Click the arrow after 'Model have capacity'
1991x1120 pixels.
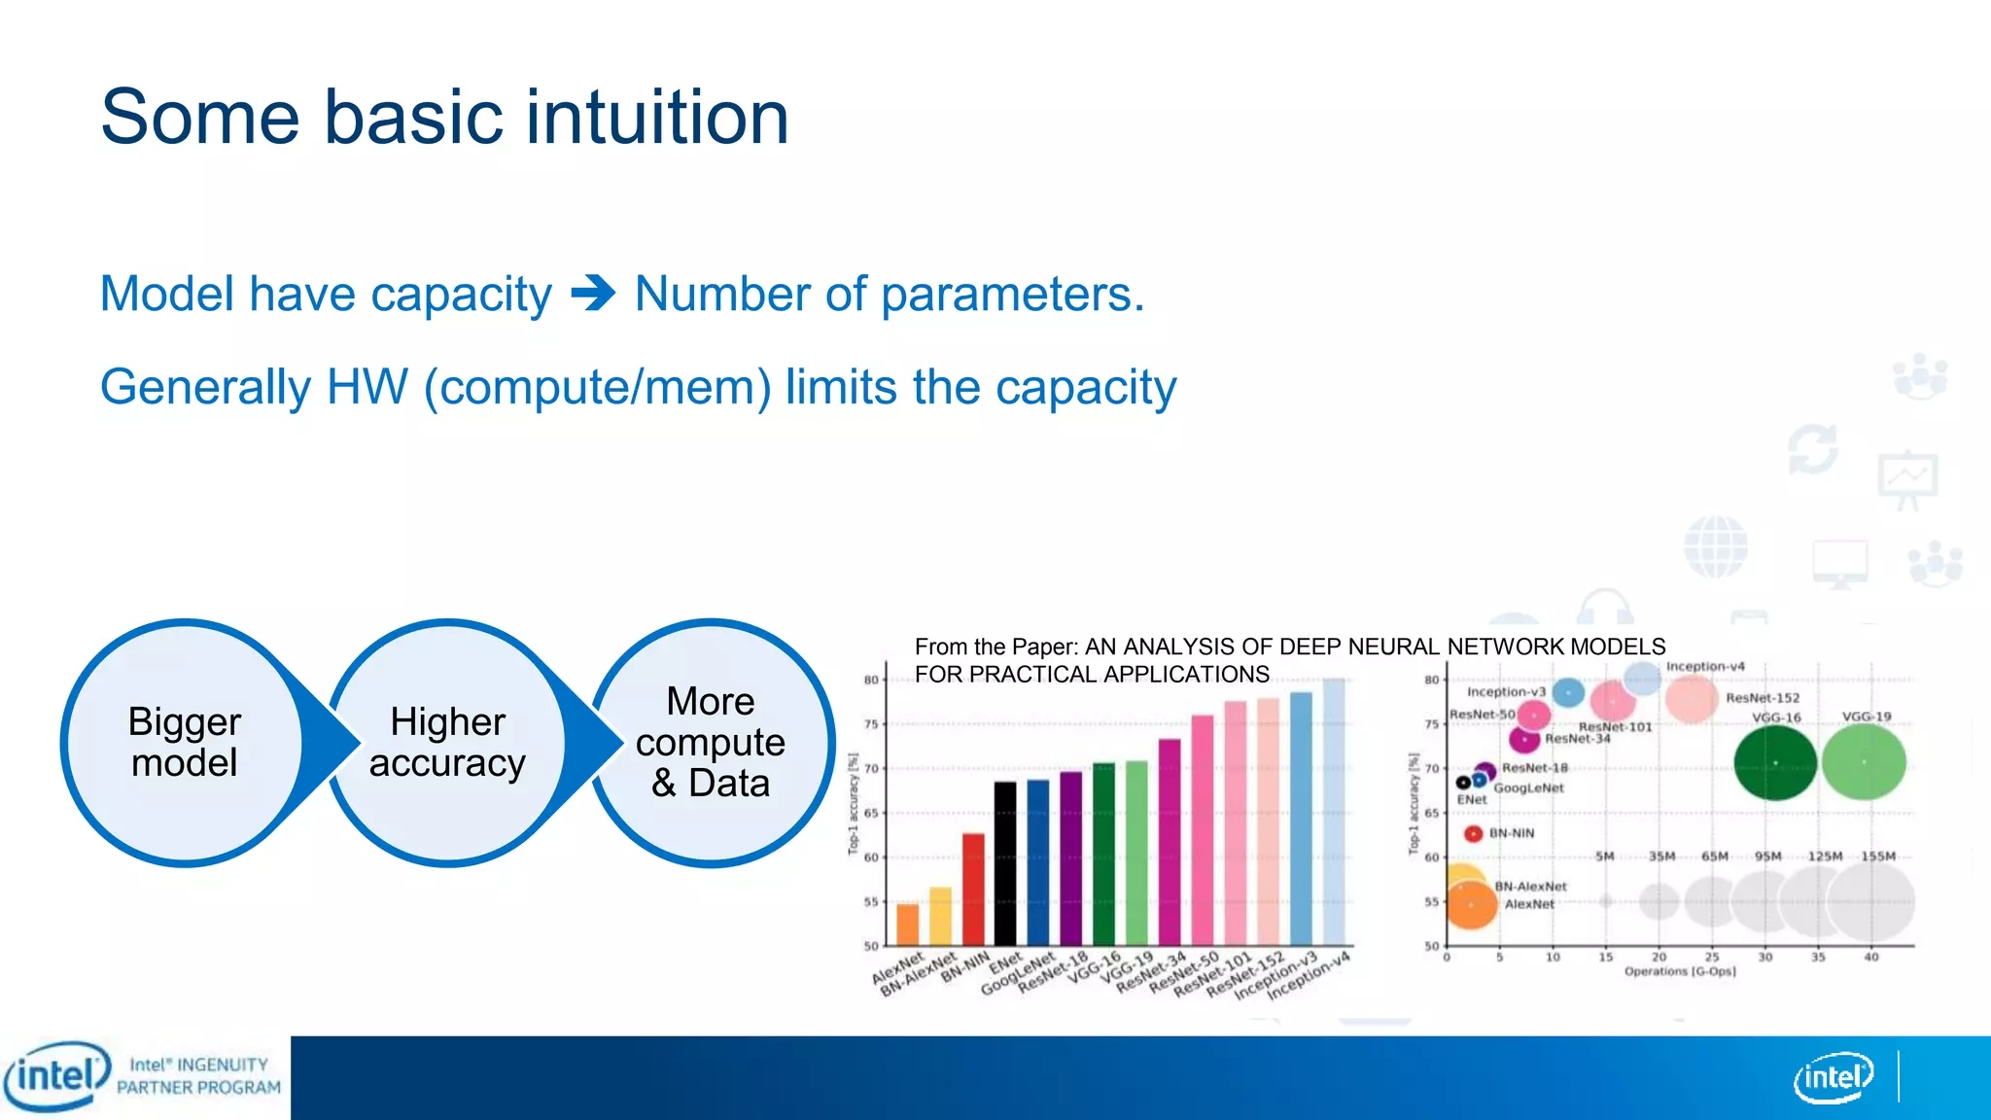click(593, 293)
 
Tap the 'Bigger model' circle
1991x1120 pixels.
click(184, 743)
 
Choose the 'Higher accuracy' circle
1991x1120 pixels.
click(447, 743)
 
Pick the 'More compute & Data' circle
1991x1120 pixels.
click(711, 743)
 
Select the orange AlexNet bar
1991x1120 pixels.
click(907, 925)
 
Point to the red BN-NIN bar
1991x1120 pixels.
click(973, 889)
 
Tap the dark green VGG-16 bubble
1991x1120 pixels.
click(1775, 763)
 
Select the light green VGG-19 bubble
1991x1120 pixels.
click(1864, 763)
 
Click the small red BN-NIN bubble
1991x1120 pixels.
click(1473, 833)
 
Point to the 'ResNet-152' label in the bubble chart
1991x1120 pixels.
click(1763, 698)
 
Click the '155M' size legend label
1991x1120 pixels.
click(1877, 857)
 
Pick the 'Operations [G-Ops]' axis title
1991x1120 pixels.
click(1679, 971)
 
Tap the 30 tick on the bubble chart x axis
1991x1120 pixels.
click(1765, 958)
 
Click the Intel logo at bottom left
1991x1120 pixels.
click(56, 1075)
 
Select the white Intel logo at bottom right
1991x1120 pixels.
click(1833, 1077)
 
